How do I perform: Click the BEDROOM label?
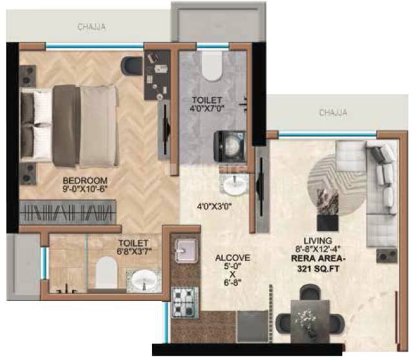85,180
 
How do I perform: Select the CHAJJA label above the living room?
332,112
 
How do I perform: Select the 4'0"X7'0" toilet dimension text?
207,109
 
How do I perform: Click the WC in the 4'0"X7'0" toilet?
211,64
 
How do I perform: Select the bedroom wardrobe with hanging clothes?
69,213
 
